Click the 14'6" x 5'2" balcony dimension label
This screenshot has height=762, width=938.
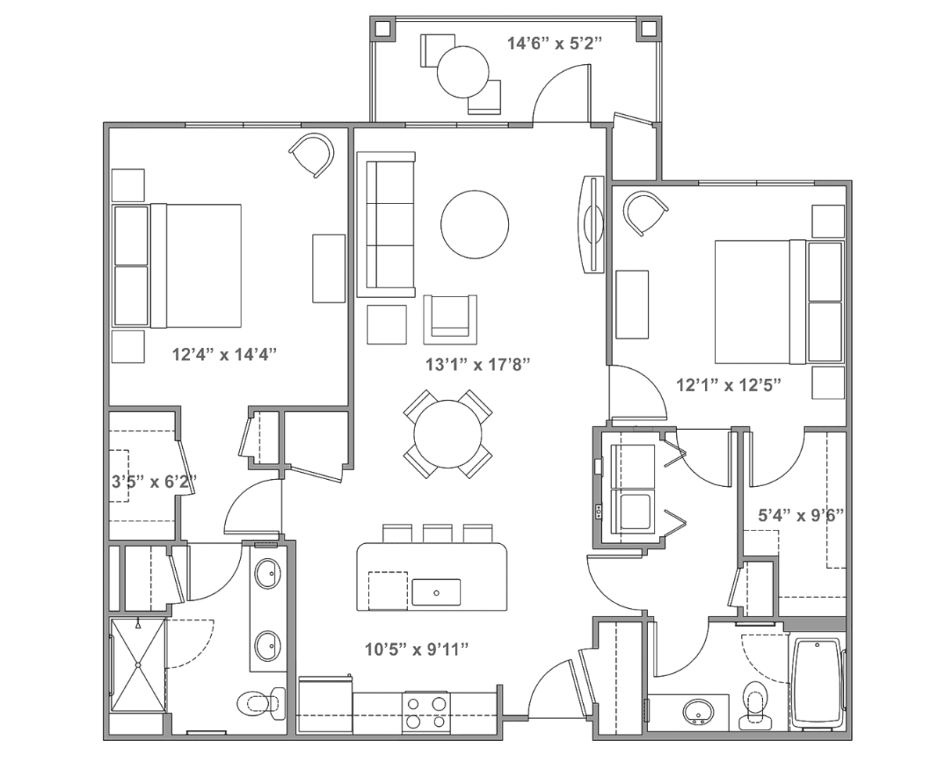[x=554, y=44]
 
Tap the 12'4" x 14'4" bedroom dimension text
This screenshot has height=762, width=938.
[x=224, y=354]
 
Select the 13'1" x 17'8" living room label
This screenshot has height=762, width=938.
[x=478, y=364]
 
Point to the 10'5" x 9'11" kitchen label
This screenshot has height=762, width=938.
[x=417, y=649]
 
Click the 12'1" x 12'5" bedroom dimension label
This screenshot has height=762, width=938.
[x=729, y=385]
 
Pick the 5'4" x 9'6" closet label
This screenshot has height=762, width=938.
[x=800, y=516]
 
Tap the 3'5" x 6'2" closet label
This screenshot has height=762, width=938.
[x=154, y=481]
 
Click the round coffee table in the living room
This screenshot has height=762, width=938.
[x=474, y=224]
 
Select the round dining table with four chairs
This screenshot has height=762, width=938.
[x=448, y=434]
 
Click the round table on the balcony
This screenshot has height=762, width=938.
[x=463, y=72]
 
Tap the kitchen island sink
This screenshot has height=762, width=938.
[x=436, y=592]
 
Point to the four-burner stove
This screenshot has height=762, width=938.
[x=426, y=713]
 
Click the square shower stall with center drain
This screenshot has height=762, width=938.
[x=138, y=665]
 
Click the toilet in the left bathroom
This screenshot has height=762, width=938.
[x=262, y=703]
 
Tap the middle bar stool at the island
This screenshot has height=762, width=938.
[x=437, y=533]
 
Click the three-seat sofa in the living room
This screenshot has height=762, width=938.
[x=386, y=224]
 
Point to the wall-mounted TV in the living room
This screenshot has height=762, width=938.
[x=593, y=224]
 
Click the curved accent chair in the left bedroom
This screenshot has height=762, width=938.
[x=312, y=156]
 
